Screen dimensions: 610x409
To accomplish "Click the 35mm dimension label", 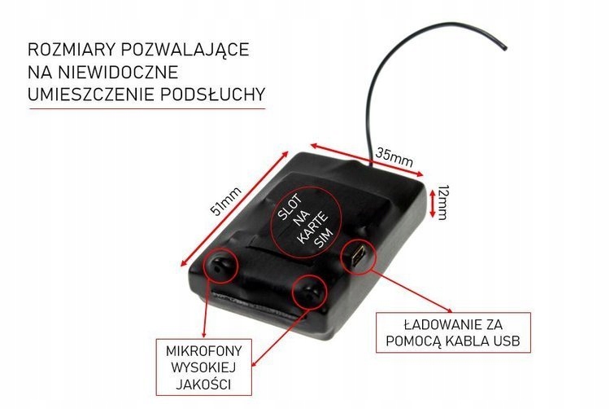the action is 394,156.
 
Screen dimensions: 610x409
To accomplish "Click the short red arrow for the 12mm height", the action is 430,200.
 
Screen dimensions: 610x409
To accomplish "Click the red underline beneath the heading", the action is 146,109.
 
